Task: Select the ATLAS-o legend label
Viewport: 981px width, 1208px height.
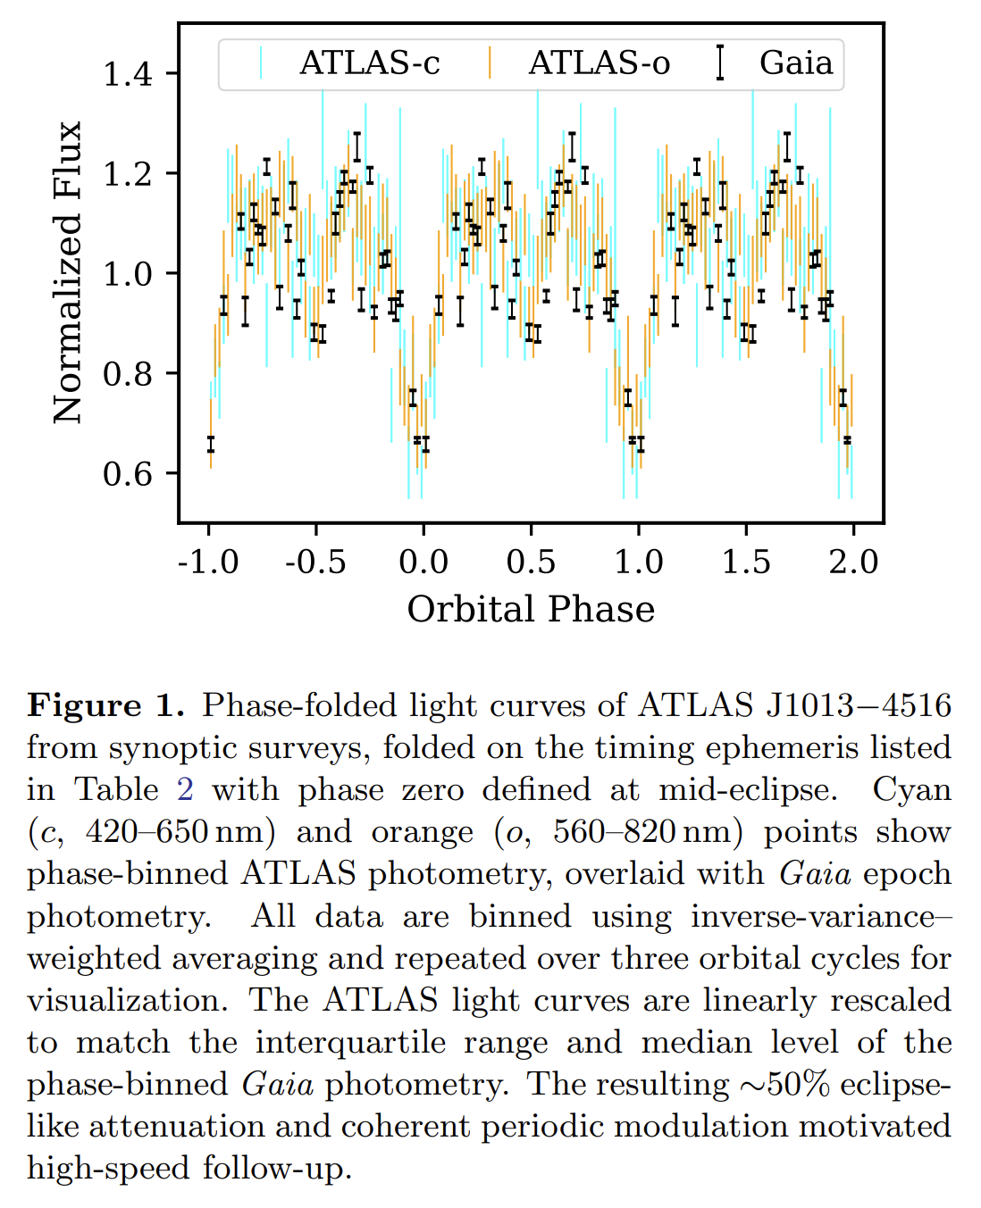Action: pyautogui.click(x=599, y=63)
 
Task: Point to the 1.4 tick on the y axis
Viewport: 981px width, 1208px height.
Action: pyautogui.click(x=129, y=74)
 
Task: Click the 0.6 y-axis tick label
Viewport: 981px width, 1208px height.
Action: pyautogui.click(x=129, y=473)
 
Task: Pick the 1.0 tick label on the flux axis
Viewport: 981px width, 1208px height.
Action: pyautogui.click(x=129, y=273)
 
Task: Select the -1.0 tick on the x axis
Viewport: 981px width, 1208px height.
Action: pyautogui.click(x=208, y=562)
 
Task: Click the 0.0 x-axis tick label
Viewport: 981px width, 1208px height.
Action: pyautogui.click(x=423, y=562)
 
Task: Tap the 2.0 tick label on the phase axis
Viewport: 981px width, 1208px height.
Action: pyautogui.click(x=853, y=562)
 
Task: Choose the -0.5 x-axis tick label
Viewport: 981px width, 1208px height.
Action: pyautogui.click(x=315, y=562)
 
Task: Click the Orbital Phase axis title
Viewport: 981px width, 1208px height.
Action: pyautogui.click(x=531, y=609)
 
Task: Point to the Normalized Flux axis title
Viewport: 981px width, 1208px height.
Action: pyautogui.click(x=68, y=272)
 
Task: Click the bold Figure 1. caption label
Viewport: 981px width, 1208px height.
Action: pyautogui.click(x=105, y=705)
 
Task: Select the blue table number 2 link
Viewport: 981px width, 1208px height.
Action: pyautogui.click(x=185, y=789)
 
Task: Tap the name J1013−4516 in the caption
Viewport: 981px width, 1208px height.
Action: pyautogui.click(x=859, y=705)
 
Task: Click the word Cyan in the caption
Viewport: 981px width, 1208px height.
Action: pyautogui.click(x=911, y=789)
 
